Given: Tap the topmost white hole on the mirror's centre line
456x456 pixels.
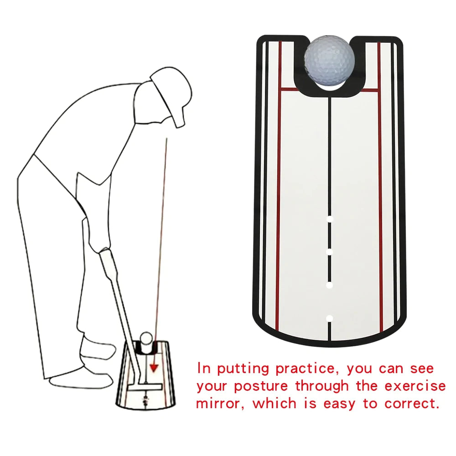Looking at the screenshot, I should pos(330,219).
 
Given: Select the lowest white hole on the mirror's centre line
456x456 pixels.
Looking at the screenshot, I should pos(330,318).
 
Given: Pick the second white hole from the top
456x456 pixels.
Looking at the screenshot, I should pos(330,252).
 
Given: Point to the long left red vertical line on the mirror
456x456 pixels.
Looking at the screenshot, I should pos(278,205).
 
